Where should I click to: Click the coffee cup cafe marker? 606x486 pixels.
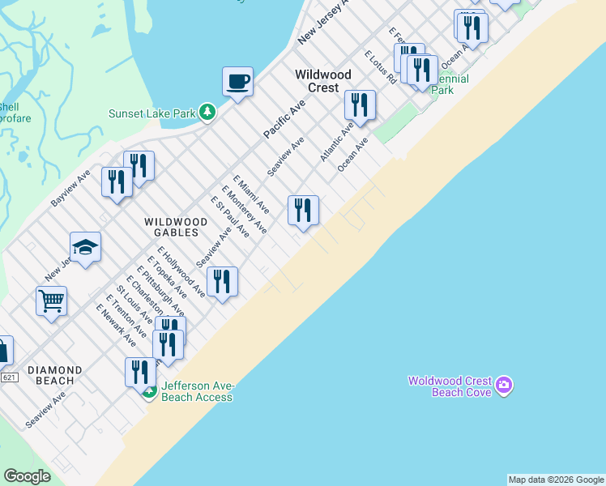[x=237, y=81]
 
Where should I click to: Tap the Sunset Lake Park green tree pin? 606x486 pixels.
[x=207, y=112]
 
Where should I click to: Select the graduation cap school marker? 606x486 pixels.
[x=85, y=247]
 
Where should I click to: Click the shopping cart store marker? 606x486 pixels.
[x=51, y=301]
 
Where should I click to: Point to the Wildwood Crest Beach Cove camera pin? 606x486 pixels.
[x=505, y=385]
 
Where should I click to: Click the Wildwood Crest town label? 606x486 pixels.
[x=323, y=80]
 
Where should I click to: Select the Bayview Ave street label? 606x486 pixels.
[x=71, y=188]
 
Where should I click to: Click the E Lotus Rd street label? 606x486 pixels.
[x=381, y=67]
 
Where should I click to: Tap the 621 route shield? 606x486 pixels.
[x=10, y=377]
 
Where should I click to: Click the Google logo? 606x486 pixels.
[x=27, y=476]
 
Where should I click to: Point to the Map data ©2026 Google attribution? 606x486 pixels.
[x=556, y=480]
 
